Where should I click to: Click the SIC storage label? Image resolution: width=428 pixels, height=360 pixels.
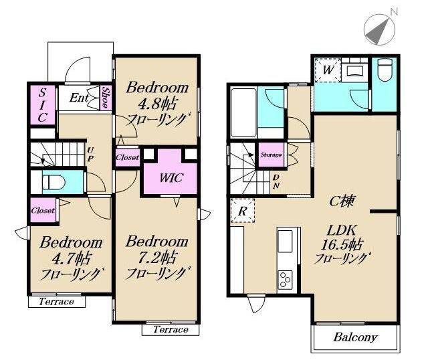(x=42, y=105)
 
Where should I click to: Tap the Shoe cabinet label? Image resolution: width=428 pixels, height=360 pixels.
(x=106, y=98)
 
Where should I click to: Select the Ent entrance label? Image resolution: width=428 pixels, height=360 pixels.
(x=79, y=98)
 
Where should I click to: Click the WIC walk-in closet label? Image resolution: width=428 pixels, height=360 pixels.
(x=171, y=178)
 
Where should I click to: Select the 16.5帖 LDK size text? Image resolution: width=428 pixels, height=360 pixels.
(x=341, y=245)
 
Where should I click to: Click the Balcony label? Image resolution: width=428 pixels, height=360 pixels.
(x=355, y=337)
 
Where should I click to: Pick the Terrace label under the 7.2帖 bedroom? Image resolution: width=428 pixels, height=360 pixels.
(x=171, y=329)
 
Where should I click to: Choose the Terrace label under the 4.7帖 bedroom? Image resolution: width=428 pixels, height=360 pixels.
(x=56, y=302)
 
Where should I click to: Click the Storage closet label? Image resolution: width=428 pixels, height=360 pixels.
(x=271, y=155)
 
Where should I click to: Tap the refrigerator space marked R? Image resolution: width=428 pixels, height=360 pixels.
(x=242, y=211)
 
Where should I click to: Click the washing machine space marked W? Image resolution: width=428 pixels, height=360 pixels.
(x=328, y=70)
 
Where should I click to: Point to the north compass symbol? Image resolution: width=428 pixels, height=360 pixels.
(x=380, y=29)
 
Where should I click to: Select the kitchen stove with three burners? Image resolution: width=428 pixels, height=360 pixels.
(x=286, y=279)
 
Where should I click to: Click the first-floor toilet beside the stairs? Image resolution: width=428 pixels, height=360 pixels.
(x=53, y=182)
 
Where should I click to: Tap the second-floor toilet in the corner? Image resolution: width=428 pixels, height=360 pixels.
(x=385, y=70)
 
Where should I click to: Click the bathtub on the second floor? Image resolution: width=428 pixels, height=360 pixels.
(x=243, y=112)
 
